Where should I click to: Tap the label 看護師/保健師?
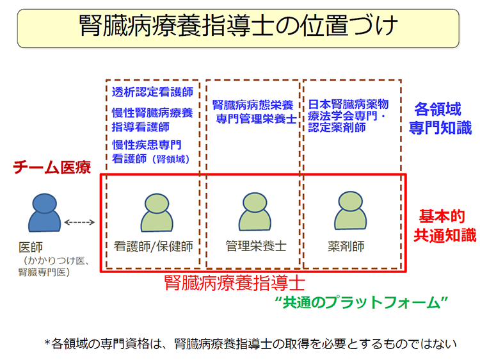pyautogui.click(x=153, y=247)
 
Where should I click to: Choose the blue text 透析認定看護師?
pyautogui.click(x=147, y=92)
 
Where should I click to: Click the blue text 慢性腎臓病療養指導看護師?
pyautogui.click(x=152, y=120)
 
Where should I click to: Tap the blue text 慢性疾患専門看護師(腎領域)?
pyautogui.click(x=151, y=149)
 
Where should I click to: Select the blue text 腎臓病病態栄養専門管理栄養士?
pyautogui.click(x=252, y=111)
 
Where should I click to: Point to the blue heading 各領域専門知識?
pyautogui.click(x=438, y=119)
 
